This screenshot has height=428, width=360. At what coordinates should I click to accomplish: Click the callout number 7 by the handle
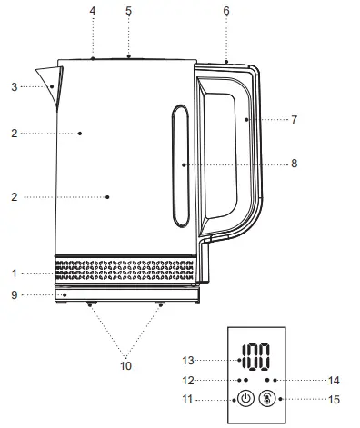292,119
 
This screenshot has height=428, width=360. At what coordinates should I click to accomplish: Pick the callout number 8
292,164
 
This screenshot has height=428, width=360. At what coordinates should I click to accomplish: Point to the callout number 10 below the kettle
125,365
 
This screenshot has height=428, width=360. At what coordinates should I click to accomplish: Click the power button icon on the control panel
245,398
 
